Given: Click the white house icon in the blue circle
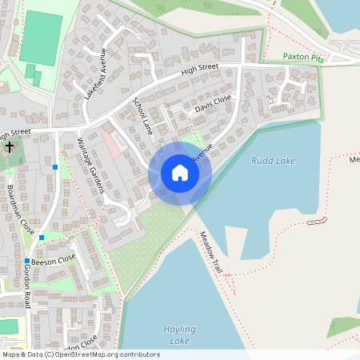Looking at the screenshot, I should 180,173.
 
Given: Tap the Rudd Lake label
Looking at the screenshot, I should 273,161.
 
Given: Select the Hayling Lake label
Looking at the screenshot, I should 178,334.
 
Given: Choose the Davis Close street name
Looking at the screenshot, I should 212,102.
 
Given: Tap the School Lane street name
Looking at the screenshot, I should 142,114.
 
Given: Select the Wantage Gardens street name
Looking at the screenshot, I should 90,164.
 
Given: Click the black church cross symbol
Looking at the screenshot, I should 10,146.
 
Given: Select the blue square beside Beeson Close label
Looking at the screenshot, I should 27,261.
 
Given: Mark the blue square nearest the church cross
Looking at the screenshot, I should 54,166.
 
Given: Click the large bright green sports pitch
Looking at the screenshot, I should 40,38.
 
